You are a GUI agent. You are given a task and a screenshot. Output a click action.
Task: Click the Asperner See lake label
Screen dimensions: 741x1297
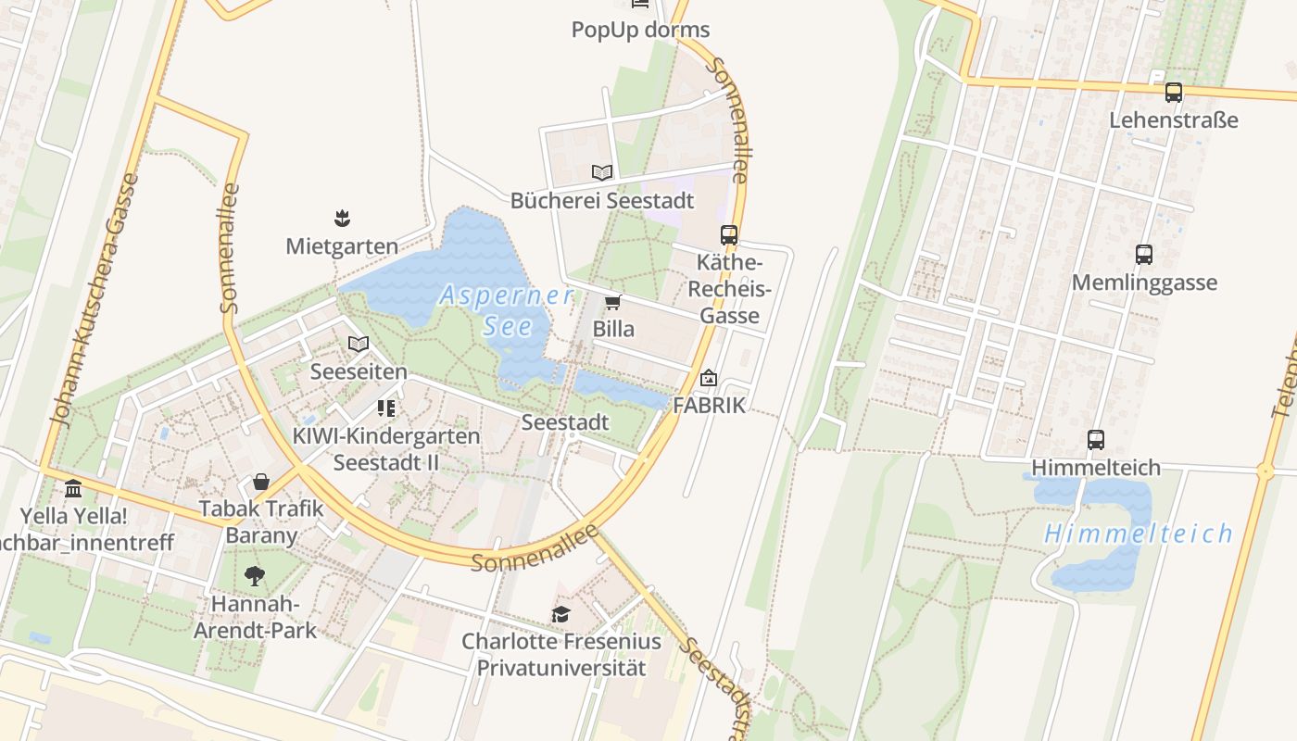point(507,310)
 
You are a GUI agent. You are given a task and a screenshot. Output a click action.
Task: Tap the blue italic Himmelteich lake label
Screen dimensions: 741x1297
point(1139,534)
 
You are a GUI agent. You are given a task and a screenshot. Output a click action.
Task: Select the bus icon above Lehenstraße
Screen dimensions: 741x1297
point(1174,93)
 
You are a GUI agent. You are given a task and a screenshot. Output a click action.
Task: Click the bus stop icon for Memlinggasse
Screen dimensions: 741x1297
point(1144,255)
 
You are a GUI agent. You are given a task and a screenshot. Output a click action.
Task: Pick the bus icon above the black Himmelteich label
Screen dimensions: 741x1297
point(1096,440)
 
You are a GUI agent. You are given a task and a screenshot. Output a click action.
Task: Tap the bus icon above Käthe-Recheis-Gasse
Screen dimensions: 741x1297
point(729,235)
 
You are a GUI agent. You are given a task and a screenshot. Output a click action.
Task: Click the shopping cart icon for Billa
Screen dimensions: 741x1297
point(612,303)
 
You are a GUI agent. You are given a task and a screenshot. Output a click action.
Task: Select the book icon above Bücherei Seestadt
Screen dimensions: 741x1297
point(602,172)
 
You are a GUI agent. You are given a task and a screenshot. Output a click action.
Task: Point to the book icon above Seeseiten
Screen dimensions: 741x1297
point(359,345)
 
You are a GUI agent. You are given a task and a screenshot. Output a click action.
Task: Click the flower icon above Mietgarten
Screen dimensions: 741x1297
point(343,219)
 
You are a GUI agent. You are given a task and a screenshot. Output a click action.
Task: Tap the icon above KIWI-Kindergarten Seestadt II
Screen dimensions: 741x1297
point(386,408)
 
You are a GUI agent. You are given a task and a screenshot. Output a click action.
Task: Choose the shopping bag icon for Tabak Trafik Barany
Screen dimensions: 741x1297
point(261,482)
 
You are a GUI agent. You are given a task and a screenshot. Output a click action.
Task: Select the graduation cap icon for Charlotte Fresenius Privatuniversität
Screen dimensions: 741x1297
point(560,614)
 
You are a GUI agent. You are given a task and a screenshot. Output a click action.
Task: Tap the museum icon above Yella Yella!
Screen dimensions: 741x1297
point(73,488)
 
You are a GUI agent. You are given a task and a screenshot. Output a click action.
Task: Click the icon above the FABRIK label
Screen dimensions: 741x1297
point(709,378)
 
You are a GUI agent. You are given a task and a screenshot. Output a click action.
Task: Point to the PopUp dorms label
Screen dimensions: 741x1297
point(640,30)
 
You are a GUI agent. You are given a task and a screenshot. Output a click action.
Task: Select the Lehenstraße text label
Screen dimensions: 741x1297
point(1174,120)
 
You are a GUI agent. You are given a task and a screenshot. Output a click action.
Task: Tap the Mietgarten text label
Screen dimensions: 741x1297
point(342,246)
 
